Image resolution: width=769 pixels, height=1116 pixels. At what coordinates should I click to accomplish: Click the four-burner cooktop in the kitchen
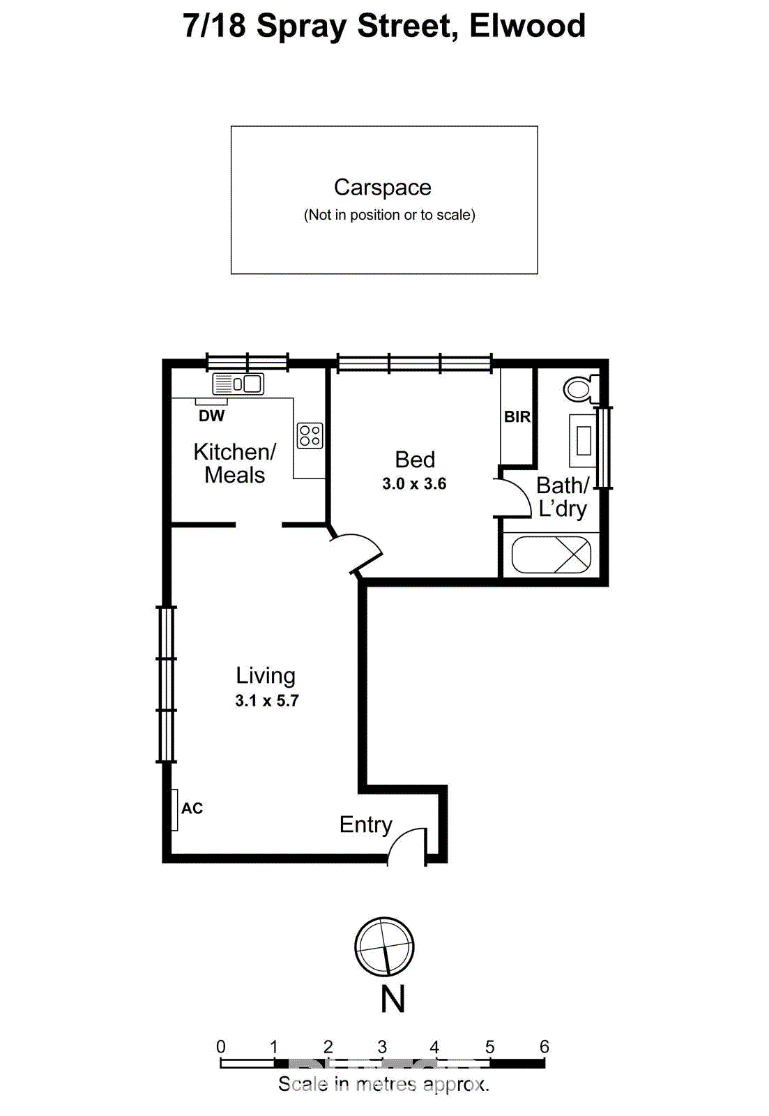click(310, 435)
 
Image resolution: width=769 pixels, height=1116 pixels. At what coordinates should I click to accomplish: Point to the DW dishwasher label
click(211, 416)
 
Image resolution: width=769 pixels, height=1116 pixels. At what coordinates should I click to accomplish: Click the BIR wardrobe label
click(517, 417)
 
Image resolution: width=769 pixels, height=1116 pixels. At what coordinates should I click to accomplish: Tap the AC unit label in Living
click(192, 808)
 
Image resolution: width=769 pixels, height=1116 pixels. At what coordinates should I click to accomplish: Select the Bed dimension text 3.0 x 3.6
click(414, 484)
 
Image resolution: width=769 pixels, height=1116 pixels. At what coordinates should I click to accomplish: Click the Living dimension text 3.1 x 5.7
click(266, 701)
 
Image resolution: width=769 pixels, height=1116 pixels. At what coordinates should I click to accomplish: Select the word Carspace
click(382, 188)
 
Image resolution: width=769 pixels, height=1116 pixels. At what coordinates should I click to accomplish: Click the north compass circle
click(384, 947)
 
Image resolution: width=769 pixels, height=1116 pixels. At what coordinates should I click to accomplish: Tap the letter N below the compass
click(393, 999)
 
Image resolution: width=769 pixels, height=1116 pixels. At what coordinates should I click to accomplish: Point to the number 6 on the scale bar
click(544, 1046)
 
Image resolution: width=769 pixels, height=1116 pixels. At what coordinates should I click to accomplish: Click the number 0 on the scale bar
click(221, 1046)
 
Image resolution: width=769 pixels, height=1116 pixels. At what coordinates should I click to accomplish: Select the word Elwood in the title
click(527, 27)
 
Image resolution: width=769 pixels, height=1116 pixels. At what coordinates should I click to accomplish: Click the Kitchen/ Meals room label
click(235, 463)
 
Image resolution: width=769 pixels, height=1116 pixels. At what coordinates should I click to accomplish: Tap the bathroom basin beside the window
click(583, 440)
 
